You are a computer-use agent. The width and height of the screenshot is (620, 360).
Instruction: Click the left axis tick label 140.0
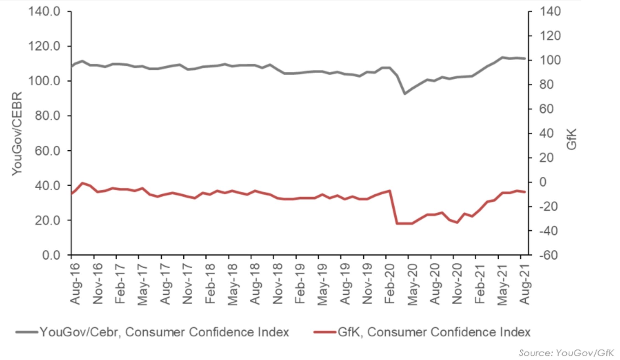coord(44,12)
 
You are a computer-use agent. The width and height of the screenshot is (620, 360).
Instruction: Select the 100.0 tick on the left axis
coord(44,81)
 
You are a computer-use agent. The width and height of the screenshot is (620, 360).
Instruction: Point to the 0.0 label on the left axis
coord(51,255)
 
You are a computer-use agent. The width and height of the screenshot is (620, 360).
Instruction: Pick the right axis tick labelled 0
coord(543,182)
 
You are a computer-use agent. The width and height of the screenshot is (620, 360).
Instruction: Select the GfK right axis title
coord(572,139)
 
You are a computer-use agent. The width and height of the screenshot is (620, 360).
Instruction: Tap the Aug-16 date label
coord(75,284)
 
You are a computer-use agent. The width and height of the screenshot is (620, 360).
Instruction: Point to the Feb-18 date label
coord(210,284)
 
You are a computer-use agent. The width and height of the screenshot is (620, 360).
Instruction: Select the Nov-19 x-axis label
coord(367,284)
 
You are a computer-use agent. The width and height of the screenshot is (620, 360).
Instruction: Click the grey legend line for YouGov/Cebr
coord(27,332)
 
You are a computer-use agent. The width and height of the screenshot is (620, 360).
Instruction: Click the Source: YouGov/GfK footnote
coord(566,353)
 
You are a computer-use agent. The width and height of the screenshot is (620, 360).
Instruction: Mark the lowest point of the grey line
coord(405,94)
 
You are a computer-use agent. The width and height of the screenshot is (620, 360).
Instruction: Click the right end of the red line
coord(525,192)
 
